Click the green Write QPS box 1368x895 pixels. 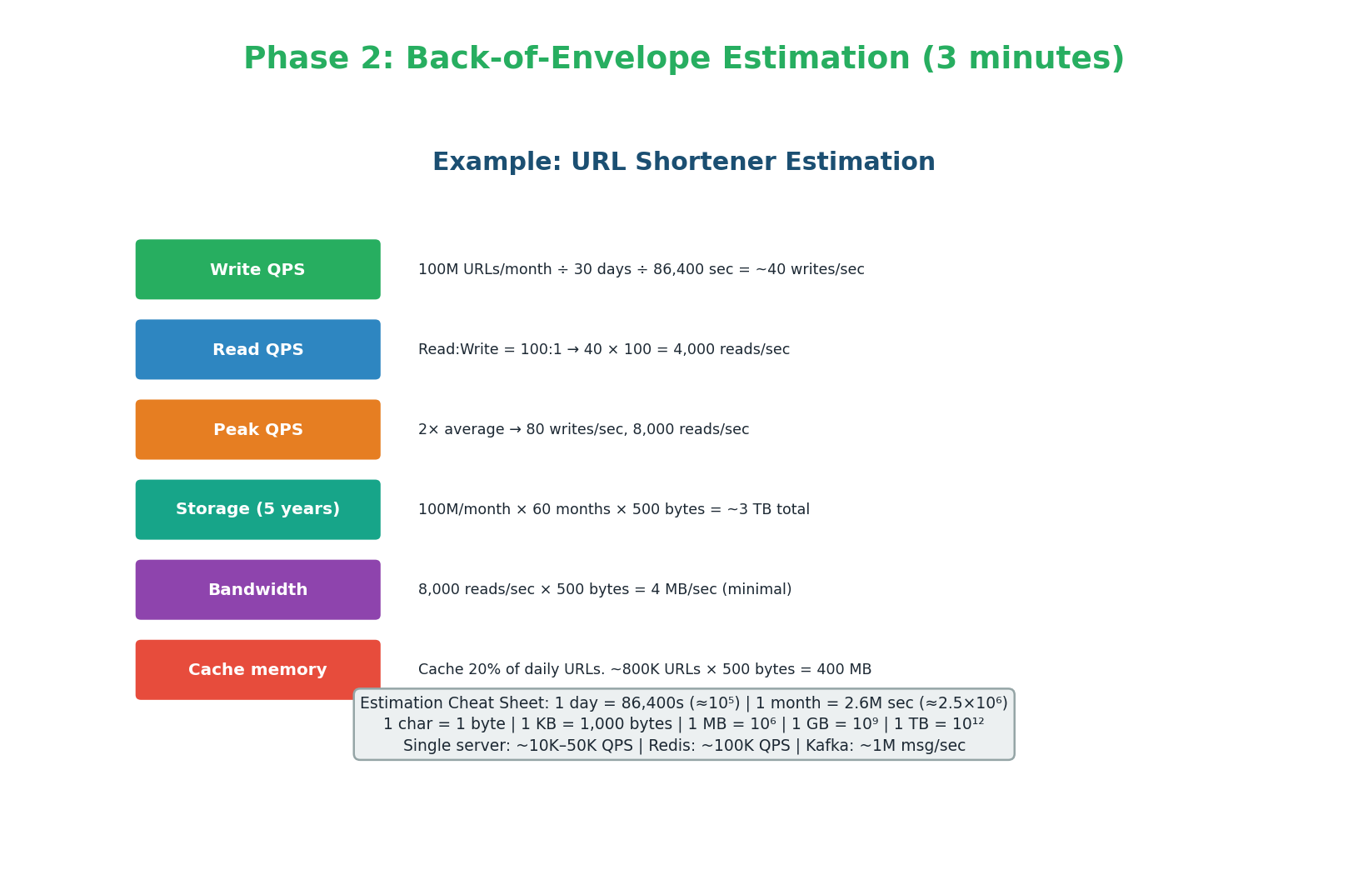pyautogui.click(x=257, y=269)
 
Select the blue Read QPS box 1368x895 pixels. pyautogui.click(x=257, y=349)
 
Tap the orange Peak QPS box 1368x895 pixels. pyautogui.click(x=257, y=429)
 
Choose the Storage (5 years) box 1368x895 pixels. pyautogui.click(x=257, y=509)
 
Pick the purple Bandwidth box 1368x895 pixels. pyautogui.click(x=257, y=589)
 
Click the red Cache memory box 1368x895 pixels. pyautogui.click(x=257, y=669)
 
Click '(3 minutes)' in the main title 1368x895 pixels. pyautogui.click(x=1022, y=59)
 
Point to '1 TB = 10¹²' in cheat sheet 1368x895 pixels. pyautogui.click(x=939, y=724)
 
